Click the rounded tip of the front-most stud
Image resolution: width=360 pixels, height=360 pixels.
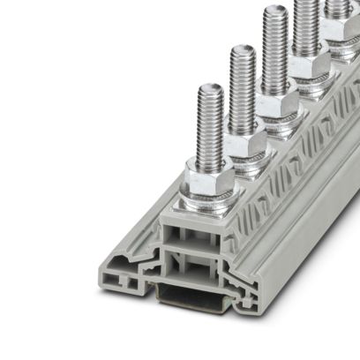pyautogui.click(x=209, y=88)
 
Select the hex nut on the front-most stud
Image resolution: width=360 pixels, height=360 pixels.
pyautogui.click(x=209, y=177)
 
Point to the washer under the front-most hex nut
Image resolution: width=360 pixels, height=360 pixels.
pyautogui.click(x=209, y=193)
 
